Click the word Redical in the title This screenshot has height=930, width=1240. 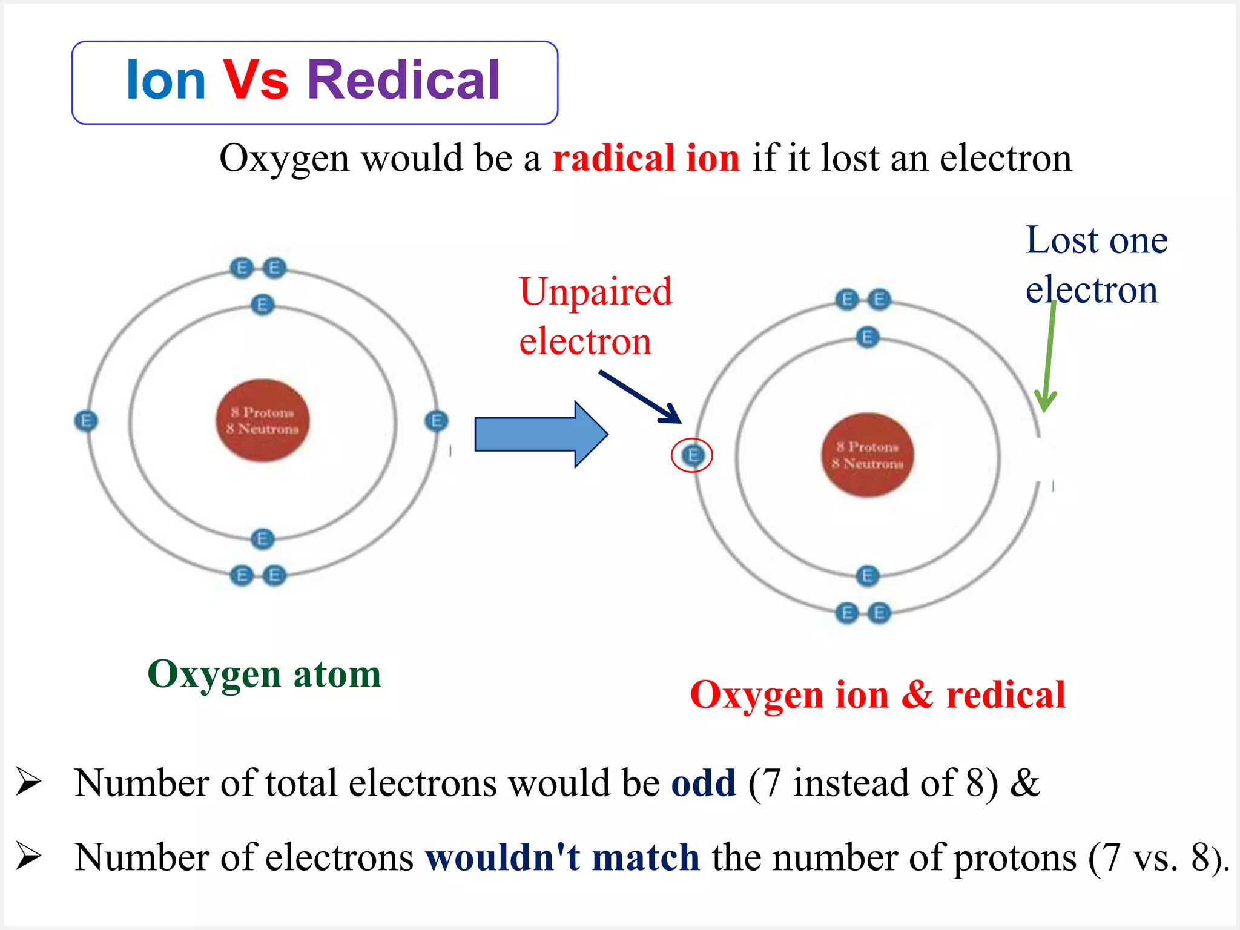403,81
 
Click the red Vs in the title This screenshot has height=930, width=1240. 256,81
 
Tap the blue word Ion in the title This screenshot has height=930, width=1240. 165,81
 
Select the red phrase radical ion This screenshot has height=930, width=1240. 645,159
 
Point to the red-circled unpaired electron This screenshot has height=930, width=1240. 693,455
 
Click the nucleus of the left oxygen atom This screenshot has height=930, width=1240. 263,421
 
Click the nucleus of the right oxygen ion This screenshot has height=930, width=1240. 867,455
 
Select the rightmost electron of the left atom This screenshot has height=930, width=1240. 436,421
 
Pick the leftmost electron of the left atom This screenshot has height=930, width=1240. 85,421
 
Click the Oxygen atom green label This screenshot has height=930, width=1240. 264,674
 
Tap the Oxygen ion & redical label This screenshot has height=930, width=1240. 877,694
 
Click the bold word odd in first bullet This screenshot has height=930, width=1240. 703,783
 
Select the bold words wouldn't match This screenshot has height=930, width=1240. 562,857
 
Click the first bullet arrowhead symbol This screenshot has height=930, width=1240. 28,782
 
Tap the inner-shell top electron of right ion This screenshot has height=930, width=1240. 867,337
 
